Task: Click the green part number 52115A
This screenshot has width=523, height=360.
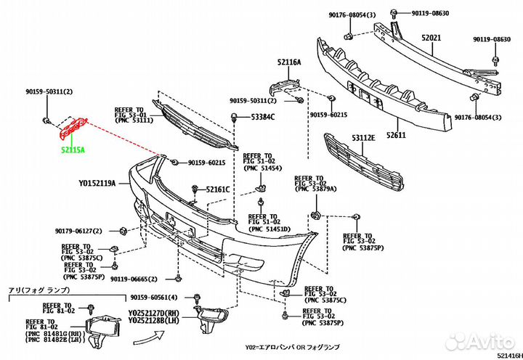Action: (x=72, y=150)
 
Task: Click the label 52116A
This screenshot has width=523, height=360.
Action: (x=289, y=62)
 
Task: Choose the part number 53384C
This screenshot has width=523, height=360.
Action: (x=262, y=117)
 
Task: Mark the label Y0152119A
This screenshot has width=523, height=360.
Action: (x=97, y=184)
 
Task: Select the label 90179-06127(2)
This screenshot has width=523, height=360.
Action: (x=84, y=232)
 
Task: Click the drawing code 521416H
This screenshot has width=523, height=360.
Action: (x=508, y=355)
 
